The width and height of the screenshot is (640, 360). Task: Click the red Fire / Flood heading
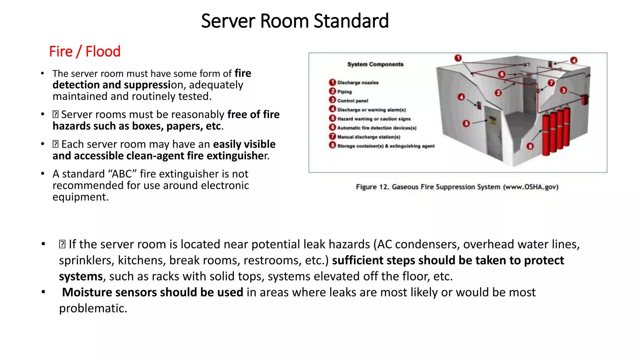(x=85, y=52)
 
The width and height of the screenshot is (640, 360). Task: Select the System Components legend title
(x=375, y=64)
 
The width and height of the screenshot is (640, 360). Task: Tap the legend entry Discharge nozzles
(x=358, y=83)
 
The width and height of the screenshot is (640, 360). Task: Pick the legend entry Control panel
(x=352, y=101)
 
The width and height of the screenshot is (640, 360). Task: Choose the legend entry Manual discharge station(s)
(x=369, y=137)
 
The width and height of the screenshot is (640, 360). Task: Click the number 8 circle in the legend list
(x=332, y=145)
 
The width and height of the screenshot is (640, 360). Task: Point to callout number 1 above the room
(x=458, y=58)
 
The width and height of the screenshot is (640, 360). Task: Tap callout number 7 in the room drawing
(x=551, y=83)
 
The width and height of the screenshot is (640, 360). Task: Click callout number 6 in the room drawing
(x=502, y=74)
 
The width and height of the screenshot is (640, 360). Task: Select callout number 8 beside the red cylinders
(x=530, y=146)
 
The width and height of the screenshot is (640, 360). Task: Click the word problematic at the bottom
(x=93, y=308)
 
